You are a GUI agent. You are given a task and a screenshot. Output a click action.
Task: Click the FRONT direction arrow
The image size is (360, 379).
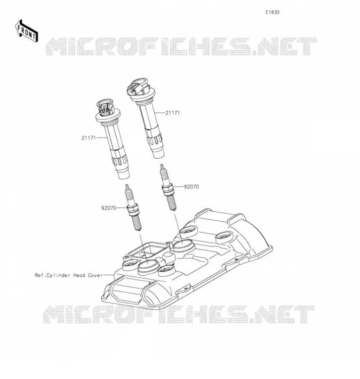pyautogui.click(x=27, y=31)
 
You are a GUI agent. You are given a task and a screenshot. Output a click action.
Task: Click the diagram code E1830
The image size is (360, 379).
pyautogui.click(x=272, y=12)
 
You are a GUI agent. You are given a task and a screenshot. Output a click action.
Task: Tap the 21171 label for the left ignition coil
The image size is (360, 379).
pyautogui.click(x=89, y=138)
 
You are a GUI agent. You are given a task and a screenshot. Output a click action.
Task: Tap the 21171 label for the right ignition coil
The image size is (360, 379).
pyautogui.click(x=173, y=113)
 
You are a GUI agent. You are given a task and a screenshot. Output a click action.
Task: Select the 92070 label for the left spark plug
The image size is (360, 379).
pyautogui.click(x=109, y=208)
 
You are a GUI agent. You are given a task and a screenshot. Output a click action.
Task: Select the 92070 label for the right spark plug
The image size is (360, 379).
pyautogui.click(x=191, y=187)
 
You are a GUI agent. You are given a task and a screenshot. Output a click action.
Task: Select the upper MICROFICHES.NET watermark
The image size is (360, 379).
pyautogui.click(x=181, y=46)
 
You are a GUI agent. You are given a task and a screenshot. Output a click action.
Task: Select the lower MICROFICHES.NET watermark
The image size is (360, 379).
pyautogui.click(x=179, y=314)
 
